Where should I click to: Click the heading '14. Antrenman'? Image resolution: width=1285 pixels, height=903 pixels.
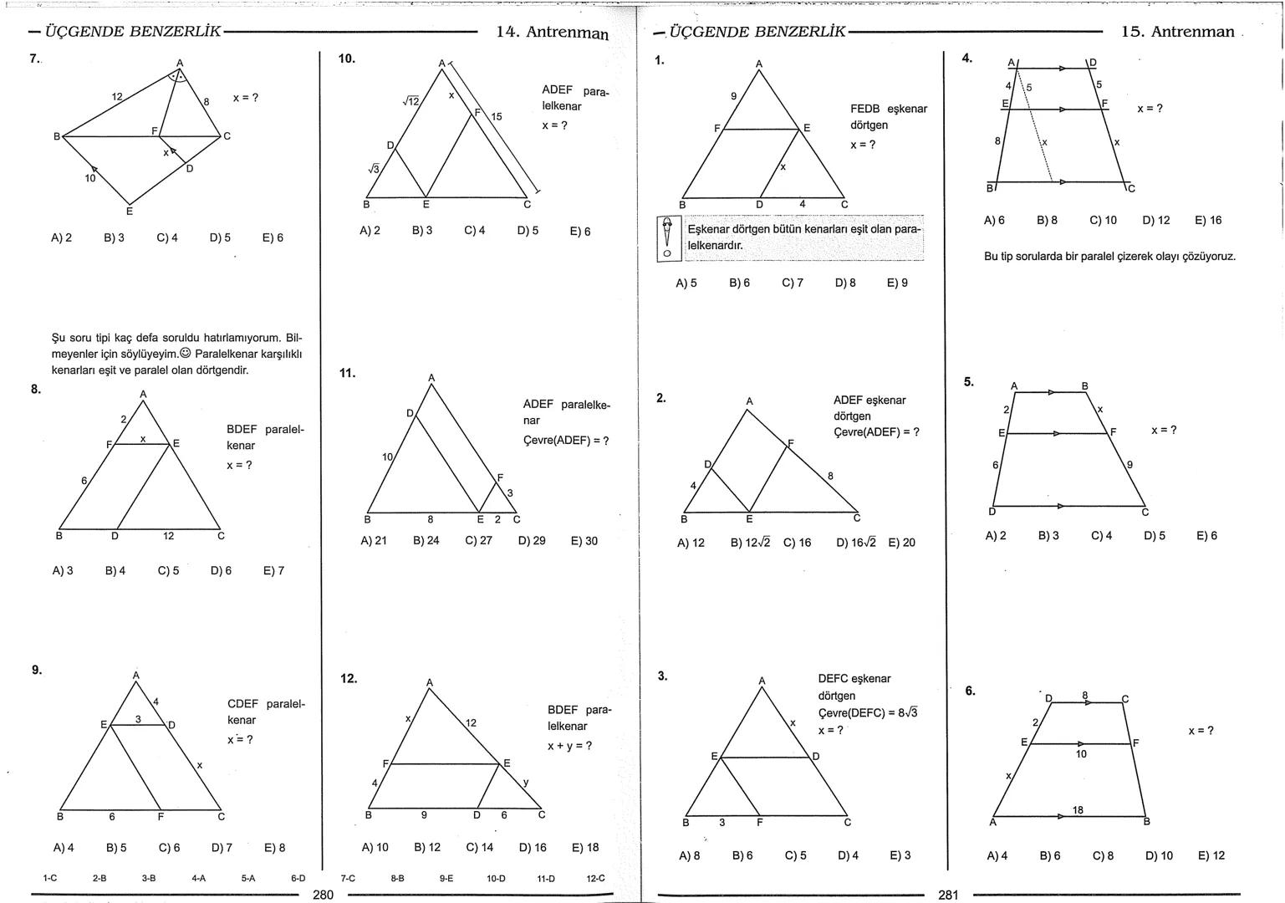click(552, 33)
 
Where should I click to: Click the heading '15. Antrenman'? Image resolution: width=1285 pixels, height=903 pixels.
click(1177, 32)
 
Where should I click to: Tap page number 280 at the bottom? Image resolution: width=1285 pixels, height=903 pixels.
click(323, 895)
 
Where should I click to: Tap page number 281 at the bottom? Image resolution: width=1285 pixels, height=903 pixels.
click(948, 895)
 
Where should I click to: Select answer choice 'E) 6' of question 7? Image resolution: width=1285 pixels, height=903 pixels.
click(273, 237)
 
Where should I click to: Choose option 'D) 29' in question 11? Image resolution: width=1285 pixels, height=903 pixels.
click(532, 541)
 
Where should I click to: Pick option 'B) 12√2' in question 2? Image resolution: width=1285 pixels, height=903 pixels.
click(749, 543)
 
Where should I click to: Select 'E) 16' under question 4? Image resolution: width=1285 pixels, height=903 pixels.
click(1208, 220)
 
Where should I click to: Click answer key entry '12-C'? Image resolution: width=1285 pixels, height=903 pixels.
click(595, 878)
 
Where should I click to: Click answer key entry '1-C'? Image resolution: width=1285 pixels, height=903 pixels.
click(49, 878)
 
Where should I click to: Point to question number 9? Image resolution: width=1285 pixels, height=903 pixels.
click(37, 670)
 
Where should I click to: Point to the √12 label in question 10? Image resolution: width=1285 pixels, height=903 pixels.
click(410, 101)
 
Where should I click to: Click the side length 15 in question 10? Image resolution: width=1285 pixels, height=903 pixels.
click(497, 116)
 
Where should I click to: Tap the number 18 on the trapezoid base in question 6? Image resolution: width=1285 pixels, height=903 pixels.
click(1078, 809)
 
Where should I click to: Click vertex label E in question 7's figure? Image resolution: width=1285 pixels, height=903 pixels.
click(130, 211)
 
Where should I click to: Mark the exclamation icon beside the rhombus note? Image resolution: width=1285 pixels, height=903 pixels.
click(666, 238)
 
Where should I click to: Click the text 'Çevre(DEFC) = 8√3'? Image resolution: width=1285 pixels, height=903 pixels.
click(867, 712)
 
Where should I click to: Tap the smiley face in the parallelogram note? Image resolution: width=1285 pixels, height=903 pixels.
click(185, 354)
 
